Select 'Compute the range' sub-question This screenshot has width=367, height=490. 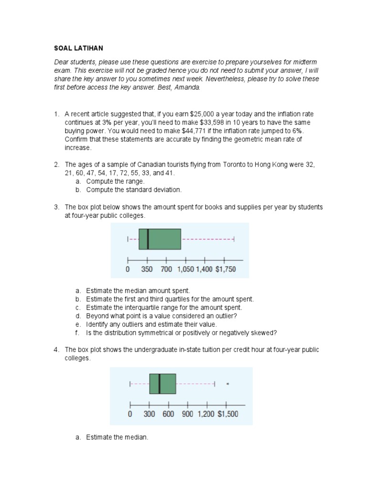115,181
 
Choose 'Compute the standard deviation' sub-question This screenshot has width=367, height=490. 134,189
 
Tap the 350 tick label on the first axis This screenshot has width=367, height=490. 147,269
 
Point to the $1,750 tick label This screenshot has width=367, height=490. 225,269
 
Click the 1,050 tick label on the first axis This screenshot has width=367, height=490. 185,269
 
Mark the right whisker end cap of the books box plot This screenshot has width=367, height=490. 234,238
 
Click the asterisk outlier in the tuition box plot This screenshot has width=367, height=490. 227,384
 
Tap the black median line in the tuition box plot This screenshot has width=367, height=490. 159,384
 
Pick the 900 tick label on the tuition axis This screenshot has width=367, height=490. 187,414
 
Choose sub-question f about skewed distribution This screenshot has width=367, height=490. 182,333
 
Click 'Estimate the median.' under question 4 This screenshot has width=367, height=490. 117,437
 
